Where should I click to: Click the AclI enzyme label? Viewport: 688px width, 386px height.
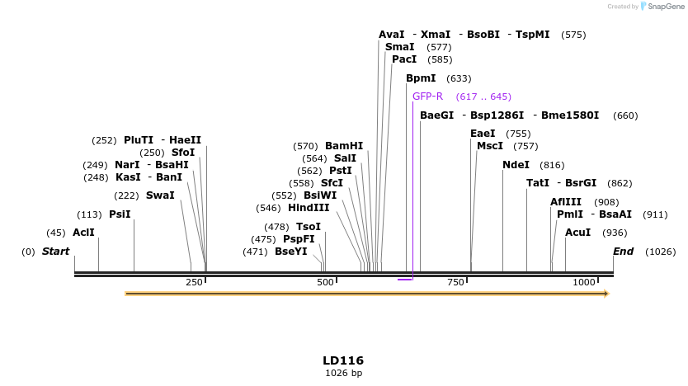[x=83, y=233]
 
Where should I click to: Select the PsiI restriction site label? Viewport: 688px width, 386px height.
[x=120, y=214]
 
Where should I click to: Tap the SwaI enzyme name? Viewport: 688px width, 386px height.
[x=160, y=195]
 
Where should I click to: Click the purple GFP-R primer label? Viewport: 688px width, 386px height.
[x=428, y=96]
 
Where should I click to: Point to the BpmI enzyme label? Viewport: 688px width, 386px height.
[x=421, y=78]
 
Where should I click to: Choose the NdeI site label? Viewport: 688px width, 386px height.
[x=516, y=165]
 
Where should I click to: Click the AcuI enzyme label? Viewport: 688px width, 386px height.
[x=577, y=233]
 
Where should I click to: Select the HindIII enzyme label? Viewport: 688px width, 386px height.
[x=309, y=208]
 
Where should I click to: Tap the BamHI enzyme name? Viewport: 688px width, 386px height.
[x=344, y=146]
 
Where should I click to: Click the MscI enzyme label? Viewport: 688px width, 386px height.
[x=490, y=146]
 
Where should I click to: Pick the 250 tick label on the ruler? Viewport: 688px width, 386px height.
[x=194, y=283]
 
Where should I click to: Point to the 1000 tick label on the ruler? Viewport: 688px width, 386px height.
[x=584, y=283]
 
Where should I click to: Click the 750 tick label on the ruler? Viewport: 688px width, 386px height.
[x=455, y=283]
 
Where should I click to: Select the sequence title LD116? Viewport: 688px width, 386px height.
[x=343, y=360]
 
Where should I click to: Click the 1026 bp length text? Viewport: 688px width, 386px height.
[x=343, y=374]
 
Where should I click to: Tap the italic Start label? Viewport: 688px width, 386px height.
[x=56, y=252]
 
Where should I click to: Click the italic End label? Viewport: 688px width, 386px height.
[x=623, y=252]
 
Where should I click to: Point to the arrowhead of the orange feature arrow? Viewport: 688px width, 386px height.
[x=606, y=294]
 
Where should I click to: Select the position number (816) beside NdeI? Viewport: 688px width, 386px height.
[x=552, y=165]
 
